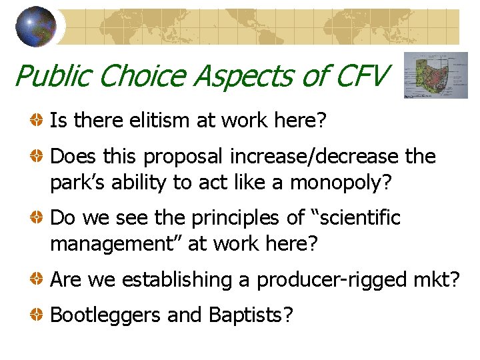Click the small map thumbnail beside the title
(x=437, y=75)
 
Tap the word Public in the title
(x=53, y=75)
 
